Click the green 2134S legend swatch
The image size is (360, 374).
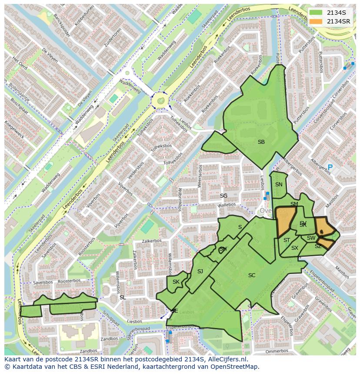(316, 13)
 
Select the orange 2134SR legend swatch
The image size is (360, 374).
(316, 21)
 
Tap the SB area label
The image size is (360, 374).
(261, 142)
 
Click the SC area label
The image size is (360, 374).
(252, 275)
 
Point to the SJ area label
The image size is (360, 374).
(200, 271)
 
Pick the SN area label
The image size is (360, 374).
(279, 184)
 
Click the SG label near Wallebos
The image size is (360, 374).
(223, 196)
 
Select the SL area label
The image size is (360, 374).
(123, 297)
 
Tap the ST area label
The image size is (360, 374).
(287, 240)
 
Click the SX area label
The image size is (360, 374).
(295, 248)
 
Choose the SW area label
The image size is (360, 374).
(311, 238)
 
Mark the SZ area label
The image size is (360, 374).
(318, 246)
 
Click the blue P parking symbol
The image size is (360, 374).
(330, 167)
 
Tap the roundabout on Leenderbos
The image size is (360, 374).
(161, 101)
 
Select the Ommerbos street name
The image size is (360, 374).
(277, 351)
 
